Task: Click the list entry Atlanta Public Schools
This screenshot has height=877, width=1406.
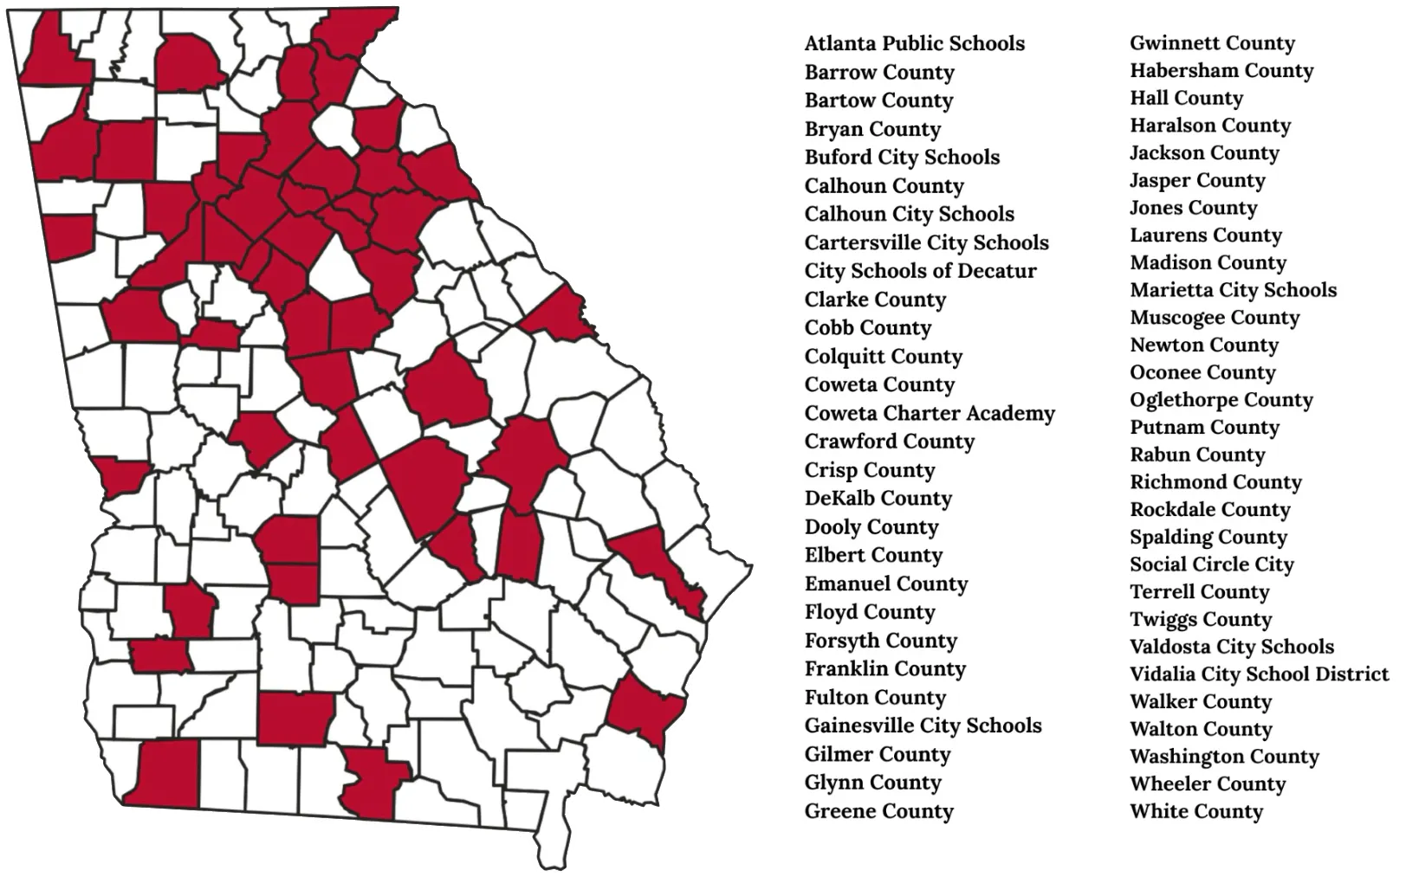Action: pyautogui.click(x=914, y=43)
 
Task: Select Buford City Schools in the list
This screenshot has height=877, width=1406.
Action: pyautogui.click(x=902, y=158)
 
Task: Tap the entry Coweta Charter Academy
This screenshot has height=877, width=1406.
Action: pyautogui.click(x=930, y=413)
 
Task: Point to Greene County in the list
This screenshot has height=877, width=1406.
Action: pyautogui.click(x=878, y=811)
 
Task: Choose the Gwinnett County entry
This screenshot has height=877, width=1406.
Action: pyautogui.click(x=1212, y=42)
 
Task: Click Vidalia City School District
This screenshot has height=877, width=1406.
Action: pyautogui.click(x=1259, y=674)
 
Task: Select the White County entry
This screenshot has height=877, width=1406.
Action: pyautogui.click(x=1195, y=811)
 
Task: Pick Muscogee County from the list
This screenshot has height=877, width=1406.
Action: pyautogui.click(x=1215, y=317)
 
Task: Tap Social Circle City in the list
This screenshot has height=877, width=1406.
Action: pyautogui.click(x=1211, y=564)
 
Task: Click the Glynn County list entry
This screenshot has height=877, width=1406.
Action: pyautogui.click(x=872, y=783)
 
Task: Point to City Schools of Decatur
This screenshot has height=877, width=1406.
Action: pyautogui.click(x=920, y=271)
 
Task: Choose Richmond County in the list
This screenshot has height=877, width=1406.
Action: pyautogui.click(x=1215, y=481)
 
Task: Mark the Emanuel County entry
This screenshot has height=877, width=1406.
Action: pyautogui.click(x=885, y=584)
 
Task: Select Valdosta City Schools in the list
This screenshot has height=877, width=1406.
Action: pyautogui.click(x=1231, y=647)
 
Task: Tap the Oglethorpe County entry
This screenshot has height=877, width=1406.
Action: pyautogui.click(x=1221, y=399)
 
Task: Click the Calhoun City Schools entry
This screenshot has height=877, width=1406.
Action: pyautogui.click(x=909, y=214)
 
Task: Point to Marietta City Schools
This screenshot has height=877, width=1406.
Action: pyautogui.click(x=1233, y=289)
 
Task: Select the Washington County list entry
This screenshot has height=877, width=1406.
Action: pyautogui.click(x=1224, y=757)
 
